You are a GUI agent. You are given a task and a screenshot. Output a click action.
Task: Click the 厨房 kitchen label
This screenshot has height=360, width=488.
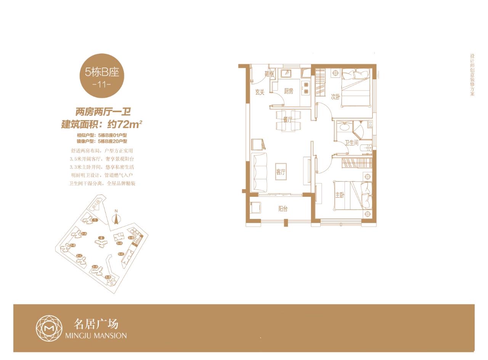(289, 91)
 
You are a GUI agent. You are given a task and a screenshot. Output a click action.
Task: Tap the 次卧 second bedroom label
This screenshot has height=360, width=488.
(335, 97)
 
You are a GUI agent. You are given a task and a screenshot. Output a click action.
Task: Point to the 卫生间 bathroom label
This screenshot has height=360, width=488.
(352, 143)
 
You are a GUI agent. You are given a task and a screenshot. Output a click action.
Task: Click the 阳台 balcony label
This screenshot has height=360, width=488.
(283, 209)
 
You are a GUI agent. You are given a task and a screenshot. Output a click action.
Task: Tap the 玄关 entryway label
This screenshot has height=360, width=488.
(260, 92)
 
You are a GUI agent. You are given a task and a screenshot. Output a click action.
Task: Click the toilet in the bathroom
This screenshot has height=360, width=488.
(365, 148)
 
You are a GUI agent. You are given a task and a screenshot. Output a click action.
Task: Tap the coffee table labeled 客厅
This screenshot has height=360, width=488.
(281, 172)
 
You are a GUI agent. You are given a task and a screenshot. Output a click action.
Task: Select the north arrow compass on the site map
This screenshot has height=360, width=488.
(117, 219)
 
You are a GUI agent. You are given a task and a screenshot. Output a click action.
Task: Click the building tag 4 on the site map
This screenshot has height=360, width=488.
(101, 238)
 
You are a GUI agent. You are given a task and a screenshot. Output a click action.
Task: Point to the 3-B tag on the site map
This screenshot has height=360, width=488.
(108, 277)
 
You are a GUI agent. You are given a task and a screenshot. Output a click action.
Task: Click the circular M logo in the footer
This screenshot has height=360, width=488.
(49, 328)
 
